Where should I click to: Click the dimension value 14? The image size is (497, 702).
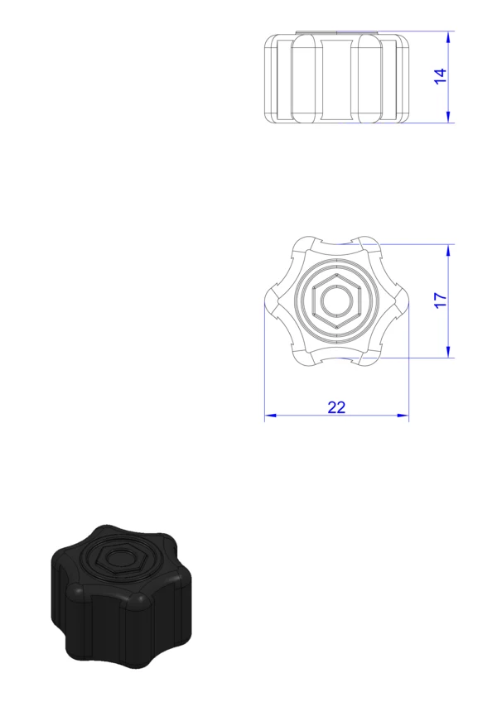coord(440,76)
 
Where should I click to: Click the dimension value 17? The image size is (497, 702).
coord(440,300)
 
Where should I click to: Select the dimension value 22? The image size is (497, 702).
coord(336,407)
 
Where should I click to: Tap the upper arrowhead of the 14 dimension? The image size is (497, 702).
coord(448,37)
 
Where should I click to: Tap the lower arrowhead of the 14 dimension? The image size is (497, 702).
coord(448,117)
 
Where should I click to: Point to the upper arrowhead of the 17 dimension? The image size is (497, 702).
coord(448,251)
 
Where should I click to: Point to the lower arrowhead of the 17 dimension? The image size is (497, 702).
coord(448,352)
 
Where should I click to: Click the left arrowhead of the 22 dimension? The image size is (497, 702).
coord(270,416)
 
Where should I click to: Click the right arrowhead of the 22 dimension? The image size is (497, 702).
coord(403,416)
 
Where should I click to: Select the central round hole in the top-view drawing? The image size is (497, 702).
coord(336,301)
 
